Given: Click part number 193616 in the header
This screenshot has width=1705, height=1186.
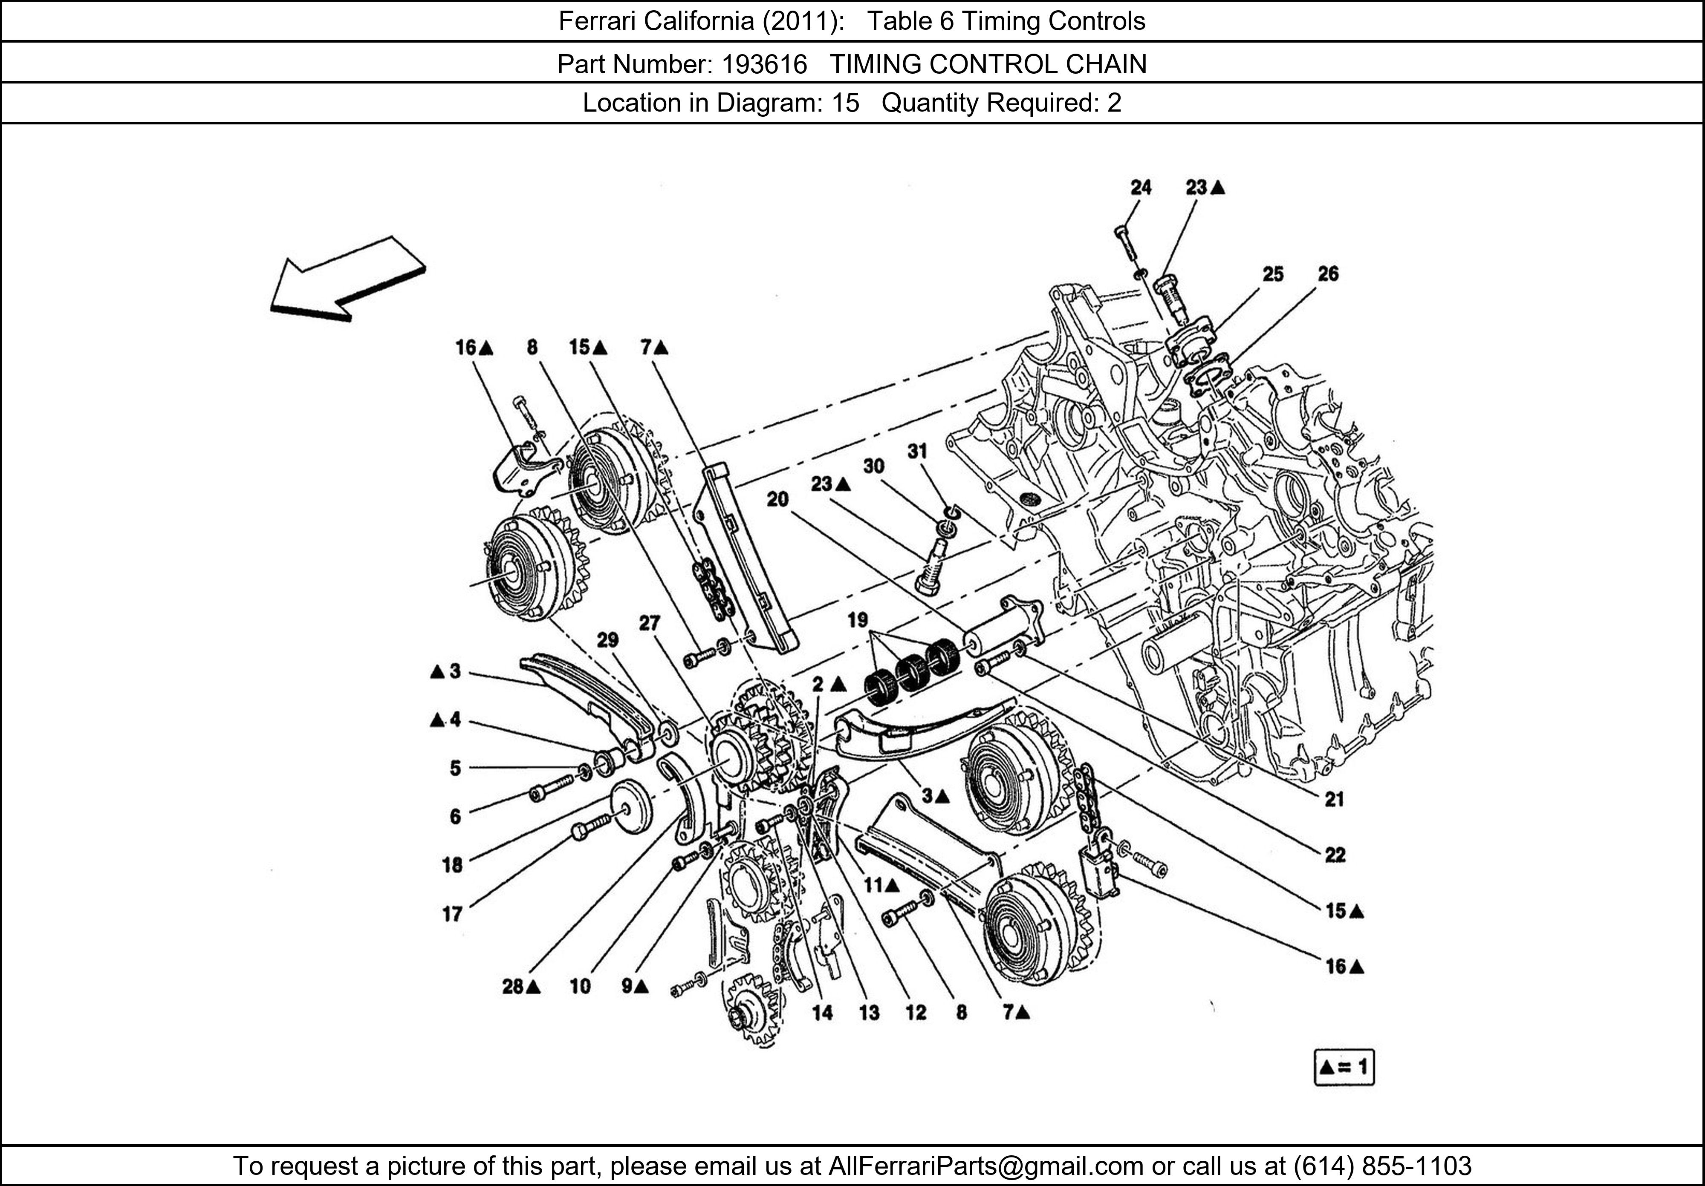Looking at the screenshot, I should point(764,65).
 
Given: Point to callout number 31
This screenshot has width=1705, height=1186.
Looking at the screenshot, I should point(917,451).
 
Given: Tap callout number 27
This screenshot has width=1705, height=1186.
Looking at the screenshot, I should point(649,623).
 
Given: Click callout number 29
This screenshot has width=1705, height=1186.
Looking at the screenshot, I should point(607,640).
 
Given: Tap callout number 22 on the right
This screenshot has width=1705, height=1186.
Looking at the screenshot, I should point(1335,855).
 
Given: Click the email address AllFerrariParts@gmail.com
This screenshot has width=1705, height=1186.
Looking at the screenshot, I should point(985,1166).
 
